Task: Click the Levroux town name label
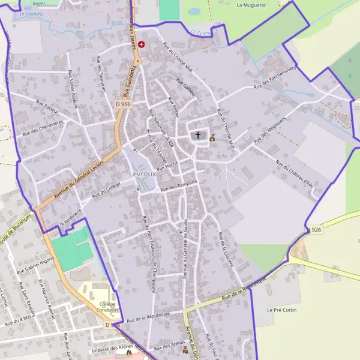[x=142, y=174]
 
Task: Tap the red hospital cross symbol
[x=141, y=44]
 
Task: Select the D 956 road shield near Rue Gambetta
[x=123, y=104]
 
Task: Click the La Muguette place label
[x=251, y=5]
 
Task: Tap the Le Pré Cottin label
[x=281, y=310]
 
